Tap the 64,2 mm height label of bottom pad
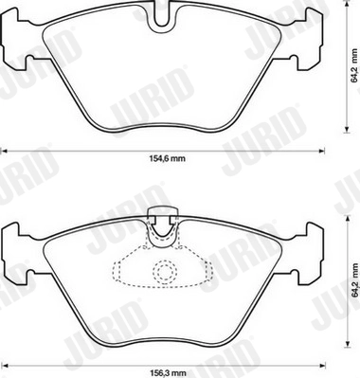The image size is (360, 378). point(354,282)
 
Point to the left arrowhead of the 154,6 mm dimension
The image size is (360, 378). point(3,150)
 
